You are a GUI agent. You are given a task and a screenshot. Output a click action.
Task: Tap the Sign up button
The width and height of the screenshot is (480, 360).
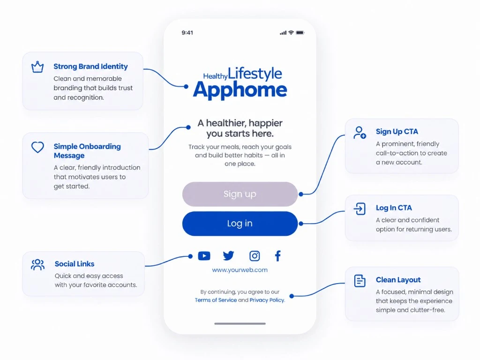(240, 194)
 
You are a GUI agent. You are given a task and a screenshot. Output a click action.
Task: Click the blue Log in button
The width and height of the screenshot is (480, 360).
(240, 224)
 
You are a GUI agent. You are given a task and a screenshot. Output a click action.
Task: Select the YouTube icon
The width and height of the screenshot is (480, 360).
(204, 256)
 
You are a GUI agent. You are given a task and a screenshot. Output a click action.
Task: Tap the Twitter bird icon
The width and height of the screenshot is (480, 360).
(228, 255)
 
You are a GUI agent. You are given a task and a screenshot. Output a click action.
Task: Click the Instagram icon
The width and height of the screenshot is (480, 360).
(255, 256)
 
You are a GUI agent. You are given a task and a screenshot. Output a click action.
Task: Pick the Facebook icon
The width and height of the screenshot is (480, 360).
(277, 256)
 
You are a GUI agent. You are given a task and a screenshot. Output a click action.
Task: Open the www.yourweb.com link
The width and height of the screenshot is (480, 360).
(240, 270)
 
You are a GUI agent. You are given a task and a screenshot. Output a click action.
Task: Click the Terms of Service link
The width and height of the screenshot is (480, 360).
(216, 300)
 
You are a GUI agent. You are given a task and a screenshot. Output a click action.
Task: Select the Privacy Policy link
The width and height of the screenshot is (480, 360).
(267, 300)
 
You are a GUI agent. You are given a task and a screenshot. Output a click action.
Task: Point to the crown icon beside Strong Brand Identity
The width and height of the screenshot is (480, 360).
(37, 67)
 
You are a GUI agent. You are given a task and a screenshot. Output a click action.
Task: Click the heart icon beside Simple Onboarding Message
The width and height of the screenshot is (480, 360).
(37, 147)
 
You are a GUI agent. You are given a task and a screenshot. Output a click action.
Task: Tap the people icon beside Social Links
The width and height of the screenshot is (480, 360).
(37, 264)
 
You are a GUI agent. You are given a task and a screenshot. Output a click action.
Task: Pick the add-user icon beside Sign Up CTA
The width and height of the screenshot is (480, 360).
(360, 133)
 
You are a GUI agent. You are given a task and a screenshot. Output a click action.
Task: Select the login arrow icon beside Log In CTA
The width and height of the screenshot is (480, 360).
(360, 209)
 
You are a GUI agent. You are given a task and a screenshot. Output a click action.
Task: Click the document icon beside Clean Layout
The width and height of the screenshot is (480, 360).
(360, 281)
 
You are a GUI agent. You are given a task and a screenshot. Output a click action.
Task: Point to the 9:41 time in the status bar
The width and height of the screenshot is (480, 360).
(187, 33)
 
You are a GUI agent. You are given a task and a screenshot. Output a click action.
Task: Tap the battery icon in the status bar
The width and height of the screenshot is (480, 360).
(300, 32)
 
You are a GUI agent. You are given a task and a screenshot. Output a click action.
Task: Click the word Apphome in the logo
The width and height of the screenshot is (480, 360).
(240, 90)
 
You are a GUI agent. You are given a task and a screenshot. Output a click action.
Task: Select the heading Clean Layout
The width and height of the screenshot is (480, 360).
(398, 280)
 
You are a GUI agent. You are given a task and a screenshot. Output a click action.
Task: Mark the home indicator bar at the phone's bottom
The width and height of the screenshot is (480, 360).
(240, 323)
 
